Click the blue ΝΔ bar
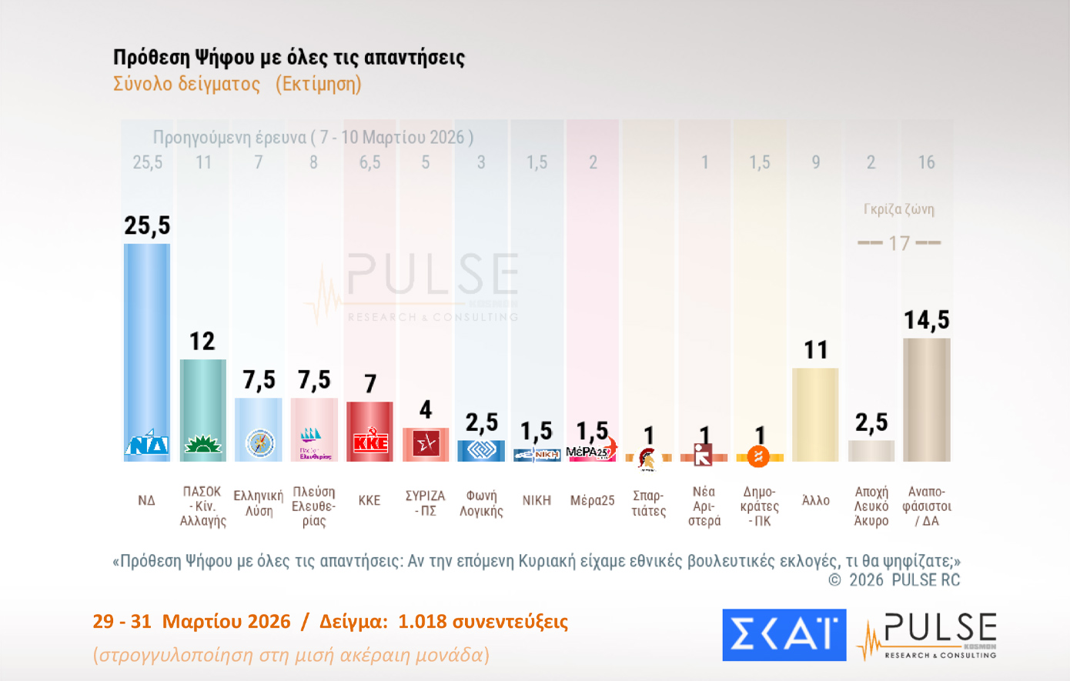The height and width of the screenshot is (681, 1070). tap(147, 339)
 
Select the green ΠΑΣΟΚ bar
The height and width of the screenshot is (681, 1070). tap(202, 400)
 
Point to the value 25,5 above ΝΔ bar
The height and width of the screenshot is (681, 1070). tap(147, 225)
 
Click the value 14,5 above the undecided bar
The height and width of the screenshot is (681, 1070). tap(926, 320)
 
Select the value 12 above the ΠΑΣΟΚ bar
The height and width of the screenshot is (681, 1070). tap(202, 341)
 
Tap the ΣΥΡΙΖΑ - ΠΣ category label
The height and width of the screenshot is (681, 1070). tap(425, 502)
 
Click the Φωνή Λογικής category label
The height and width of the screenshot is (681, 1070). tap(481, 502)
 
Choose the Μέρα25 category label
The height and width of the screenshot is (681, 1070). tap(592, 501)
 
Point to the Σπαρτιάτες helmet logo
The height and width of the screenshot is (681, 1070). tap(647, 459)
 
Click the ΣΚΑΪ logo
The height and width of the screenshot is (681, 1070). tap(784, 635)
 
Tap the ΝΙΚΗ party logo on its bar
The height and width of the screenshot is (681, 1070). tap(537, 455)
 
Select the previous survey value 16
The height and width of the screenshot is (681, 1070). tap(926, 162)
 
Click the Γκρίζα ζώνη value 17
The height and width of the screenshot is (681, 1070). tap(899, 244)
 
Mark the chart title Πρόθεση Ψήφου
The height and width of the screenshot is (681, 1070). tap(289, 58)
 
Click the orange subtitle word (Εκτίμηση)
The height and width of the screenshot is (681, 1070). tap(318, 84)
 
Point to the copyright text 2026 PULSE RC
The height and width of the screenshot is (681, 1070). tap(904, 580)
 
